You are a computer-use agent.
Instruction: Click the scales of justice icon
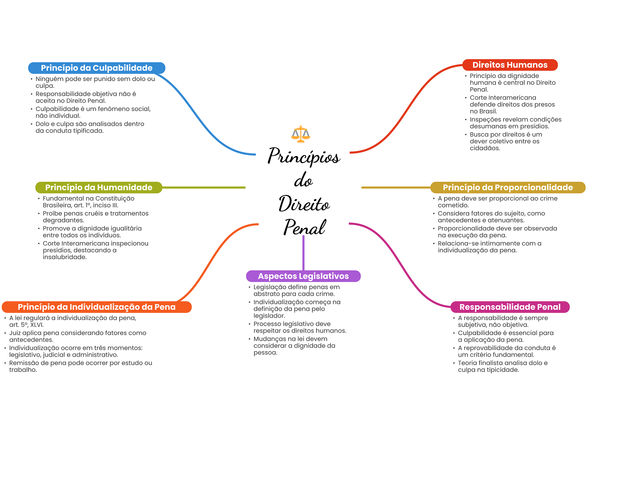(x=300, y=134)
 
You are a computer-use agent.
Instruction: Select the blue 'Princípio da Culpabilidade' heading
(x=96, y=68)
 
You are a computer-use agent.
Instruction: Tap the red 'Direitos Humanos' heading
(x=510, y=65)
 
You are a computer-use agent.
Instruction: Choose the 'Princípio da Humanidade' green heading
(x=99, y=187)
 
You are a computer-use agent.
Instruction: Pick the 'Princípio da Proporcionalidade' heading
(x=508, y=187)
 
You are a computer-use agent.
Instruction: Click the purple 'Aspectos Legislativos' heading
(x=303, y=276)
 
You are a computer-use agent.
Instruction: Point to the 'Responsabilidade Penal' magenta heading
(x=510, y=307)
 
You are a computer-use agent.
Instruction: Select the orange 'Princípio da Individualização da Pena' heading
(x=96, y=307)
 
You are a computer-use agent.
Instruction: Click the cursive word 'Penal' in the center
(x=304, y=227)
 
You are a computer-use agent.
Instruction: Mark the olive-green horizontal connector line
(x=203, y=187)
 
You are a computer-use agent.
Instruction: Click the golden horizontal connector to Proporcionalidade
(x=396, y=187)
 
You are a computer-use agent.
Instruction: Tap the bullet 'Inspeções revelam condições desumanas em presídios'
(x=515, y=123)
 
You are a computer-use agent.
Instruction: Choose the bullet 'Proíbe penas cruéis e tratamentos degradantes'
(x=95, y=217)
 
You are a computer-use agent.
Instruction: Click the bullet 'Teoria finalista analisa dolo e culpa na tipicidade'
(x=502, y=366)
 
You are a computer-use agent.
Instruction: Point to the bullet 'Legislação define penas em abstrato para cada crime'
(x=296, y=290)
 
